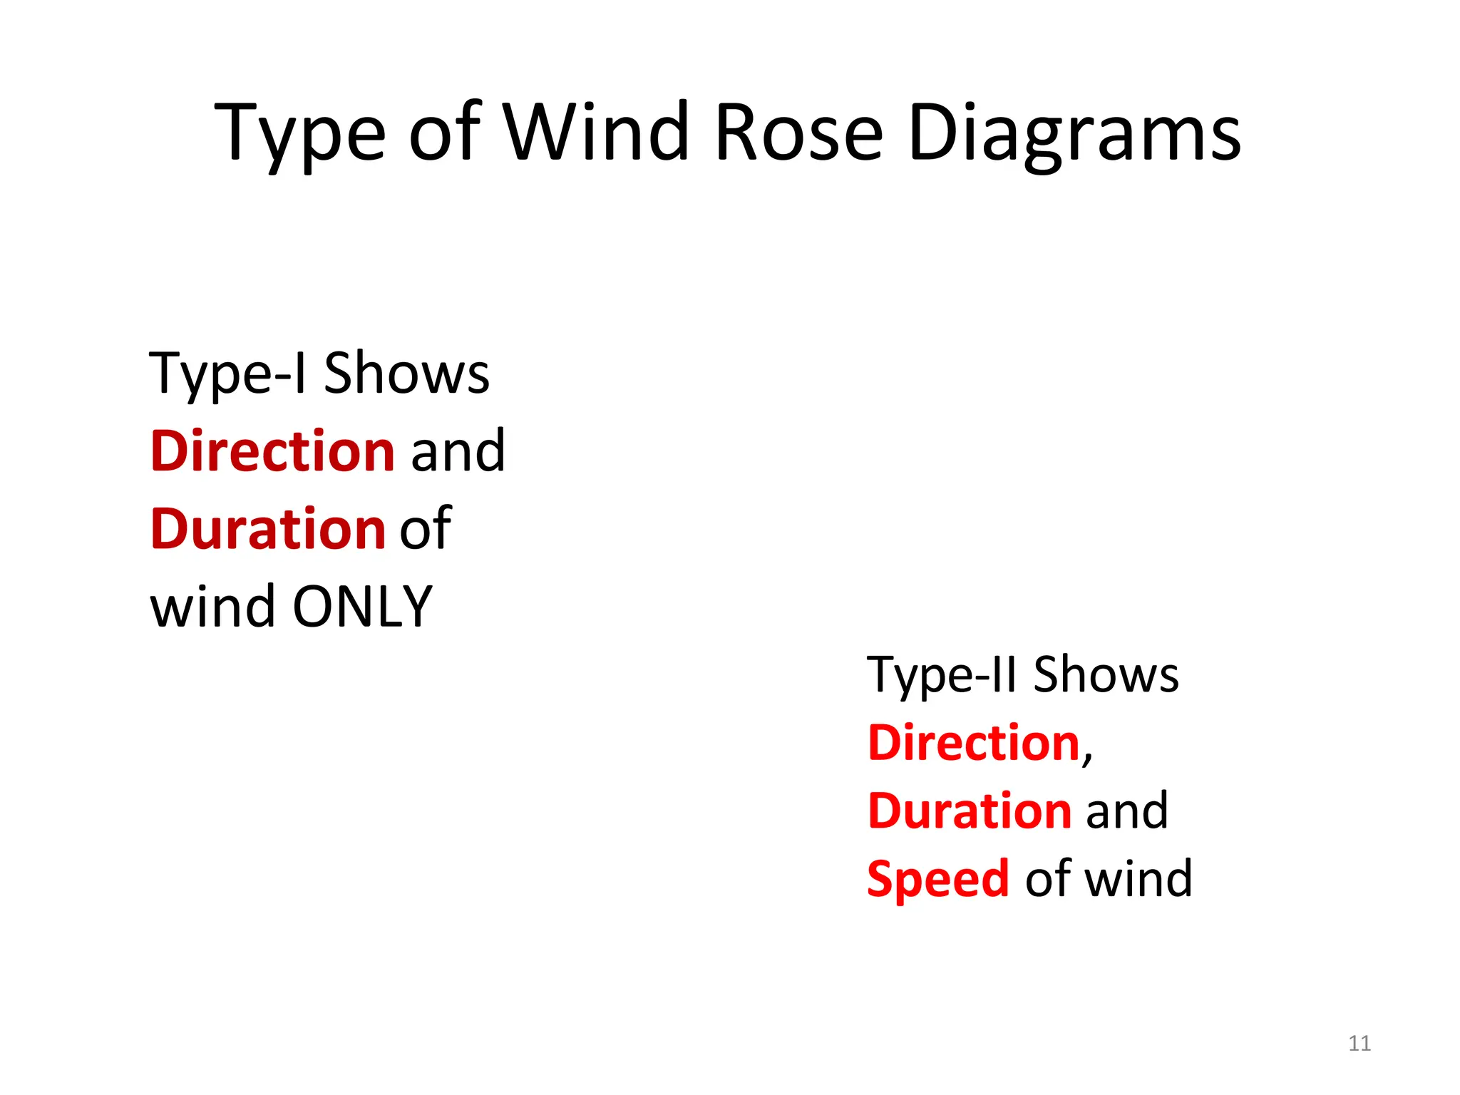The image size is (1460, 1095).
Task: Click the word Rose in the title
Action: point(798,133)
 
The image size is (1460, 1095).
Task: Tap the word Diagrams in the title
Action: point(1074,133)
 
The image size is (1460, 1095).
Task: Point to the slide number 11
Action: point(1359,1044)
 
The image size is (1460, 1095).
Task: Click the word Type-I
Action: point(228,374)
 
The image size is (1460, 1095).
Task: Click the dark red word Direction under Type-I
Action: point(272,451)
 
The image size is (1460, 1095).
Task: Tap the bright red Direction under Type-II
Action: point(974,743)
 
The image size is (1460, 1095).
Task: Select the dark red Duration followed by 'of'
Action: point(268,529)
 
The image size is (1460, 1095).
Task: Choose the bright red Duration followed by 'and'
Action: point(970,811)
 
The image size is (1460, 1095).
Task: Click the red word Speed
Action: point(938,880)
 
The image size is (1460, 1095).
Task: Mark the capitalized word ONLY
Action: point(362,607)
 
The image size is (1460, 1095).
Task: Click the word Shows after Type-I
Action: point(406,374)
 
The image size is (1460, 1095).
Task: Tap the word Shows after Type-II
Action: point(1106,674)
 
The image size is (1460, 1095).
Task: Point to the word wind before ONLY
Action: point(212,607)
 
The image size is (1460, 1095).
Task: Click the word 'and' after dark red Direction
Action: point(458,451)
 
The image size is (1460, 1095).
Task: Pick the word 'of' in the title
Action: point(444,133)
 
